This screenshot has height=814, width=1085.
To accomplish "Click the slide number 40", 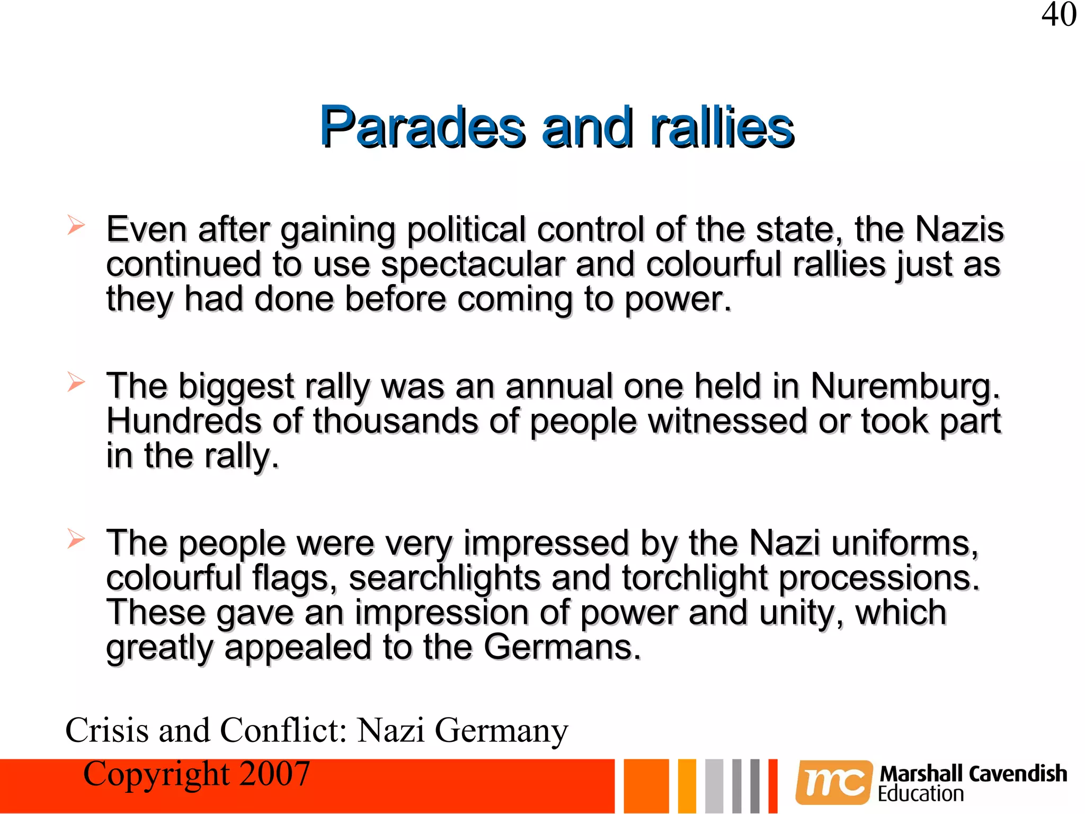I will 1059,15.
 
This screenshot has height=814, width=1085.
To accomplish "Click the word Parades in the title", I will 422,127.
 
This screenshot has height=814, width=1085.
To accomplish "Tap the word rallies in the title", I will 722,127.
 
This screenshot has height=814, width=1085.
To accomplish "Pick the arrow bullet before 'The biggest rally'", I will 76,382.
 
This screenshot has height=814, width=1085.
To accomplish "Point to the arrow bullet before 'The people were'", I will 76,539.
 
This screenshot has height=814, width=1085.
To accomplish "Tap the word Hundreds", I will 183,421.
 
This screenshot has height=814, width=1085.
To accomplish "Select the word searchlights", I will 444,578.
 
